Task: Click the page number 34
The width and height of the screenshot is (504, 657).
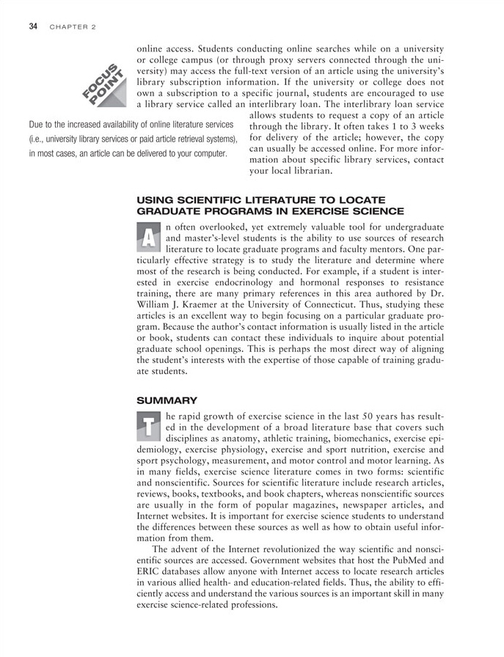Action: tap(33, 27)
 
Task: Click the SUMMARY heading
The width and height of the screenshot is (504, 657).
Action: tap(167, 400)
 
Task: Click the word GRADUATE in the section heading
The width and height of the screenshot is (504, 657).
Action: tap(169, 211)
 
